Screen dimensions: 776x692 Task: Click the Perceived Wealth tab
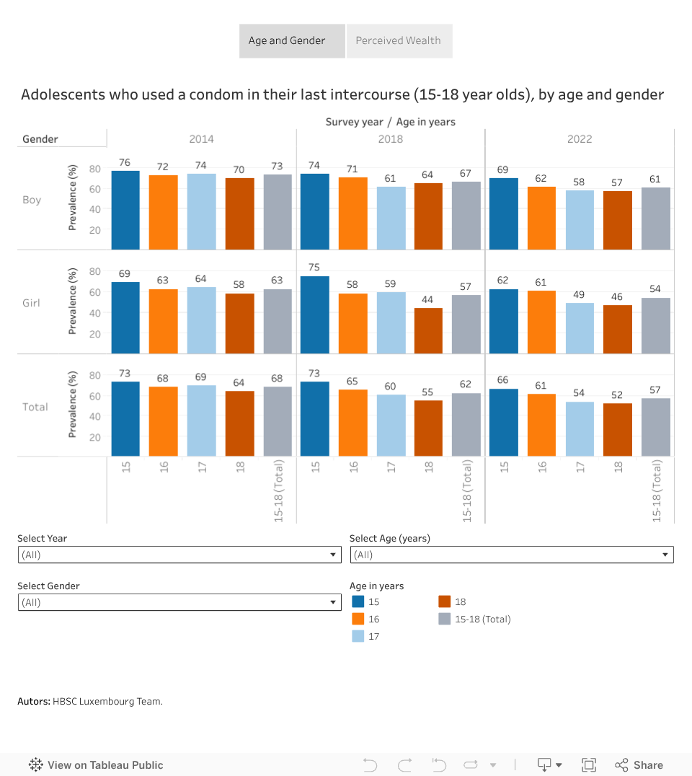click(x=398, y=41)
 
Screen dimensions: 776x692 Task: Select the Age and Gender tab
click(x=287, y=41)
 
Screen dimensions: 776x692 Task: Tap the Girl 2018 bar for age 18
click(x=428, y=330)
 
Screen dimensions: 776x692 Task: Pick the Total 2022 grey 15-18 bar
click(x=656, y=427)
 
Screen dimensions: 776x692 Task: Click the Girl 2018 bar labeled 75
click(x=315, y=314)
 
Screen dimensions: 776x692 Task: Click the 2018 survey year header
click(x=391, y=139)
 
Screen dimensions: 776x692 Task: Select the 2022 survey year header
click(x=580, y=139)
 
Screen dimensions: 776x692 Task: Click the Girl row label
click(x=32, y=303)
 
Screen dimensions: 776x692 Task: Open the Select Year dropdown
click(x=179, y=555)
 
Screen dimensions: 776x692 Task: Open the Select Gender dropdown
click(x=179, y=602)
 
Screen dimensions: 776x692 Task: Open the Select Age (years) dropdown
click(x=512, y=555)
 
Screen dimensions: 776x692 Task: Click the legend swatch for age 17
click(x=358, y=636)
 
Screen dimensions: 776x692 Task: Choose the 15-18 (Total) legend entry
click(x=482, y=619)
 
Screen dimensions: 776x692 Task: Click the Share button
click(x=639, y=765)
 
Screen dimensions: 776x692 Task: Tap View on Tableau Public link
click(x=97, y=765)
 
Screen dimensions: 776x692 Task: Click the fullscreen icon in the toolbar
click(x=589, y=765)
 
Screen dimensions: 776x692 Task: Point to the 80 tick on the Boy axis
click(x=94, y=169)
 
